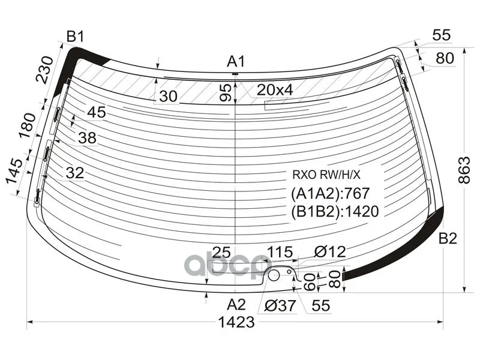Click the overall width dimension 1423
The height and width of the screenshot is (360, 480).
pyautogui.click(x=236, y=322)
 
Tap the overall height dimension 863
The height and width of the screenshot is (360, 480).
pyautogui.click(x=464, y=170)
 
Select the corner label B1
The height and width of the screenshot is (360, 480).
pyautogui.click(x=76, y=37)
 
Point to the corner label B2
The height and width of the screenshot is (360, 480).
pyautogui.click(x=448, y=238)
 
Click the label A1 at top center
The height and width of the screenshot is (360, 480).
pyautogui.click(x=236, y=62)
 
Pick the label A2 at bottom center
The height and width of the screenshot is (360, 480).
pyautogui.click(x=236, y=305)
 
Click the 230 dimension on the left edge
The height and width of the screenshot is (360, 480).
pyautogui.click(x=44, y=70)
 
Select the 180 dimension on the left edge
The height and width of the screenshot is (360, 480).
pyautogui.click(x=28, y=126)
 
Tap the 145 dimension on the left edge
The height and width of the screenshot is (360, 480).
pyautogui.click(x=14, y=171)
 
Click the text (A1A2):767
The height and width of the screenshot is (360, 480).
pyautogui.click(x=331, y=193)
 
